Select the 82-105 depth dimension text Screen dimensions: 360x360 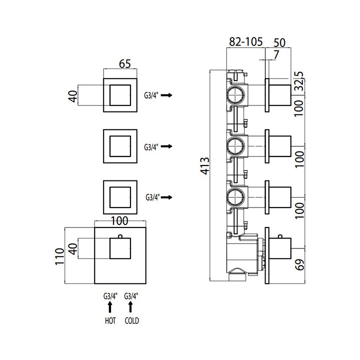point(246,42)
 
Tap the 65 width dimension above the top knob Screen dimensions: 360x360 point(125,63)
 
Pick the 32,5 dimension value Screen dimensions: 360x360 point(300,80)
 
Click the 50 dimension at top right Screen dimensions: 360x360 point(279,42)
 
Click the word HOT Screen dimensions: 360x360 point(110,321)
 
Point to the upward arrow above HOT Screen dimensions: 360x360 point(110,309)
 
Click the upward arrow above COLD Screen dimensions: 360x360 point(131,309)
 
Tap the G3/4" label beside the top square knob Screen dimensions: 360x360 point(151,95)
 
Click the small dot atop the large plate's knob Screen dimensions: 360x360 point(120,235)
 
